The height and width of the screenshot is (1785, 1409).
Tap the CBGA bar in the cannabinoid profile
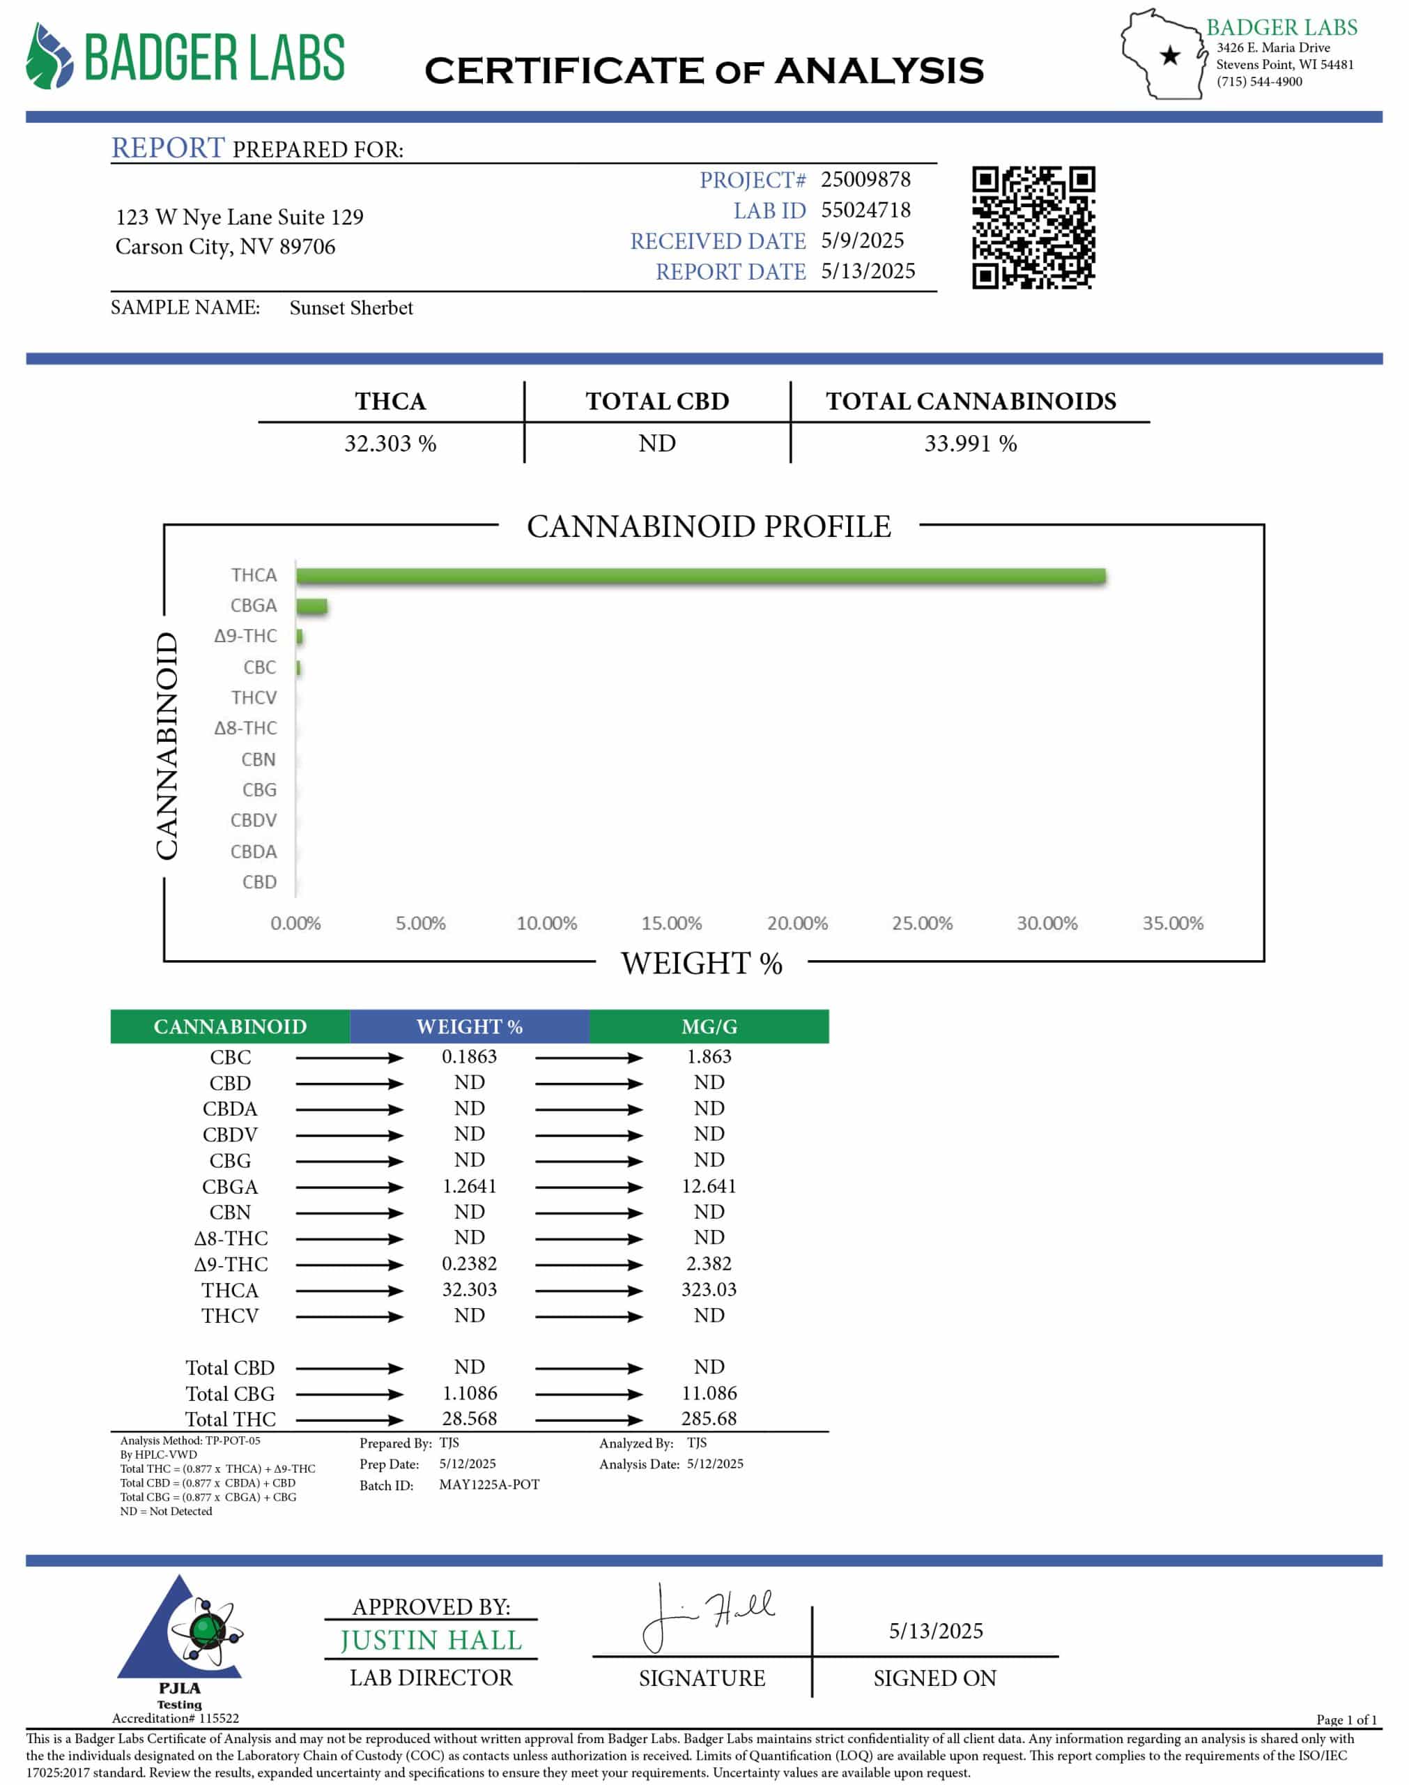311,607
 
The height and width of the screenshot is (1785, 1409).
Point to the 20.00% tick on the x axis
797,922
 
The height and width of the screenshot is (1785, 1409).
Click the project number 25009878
865,179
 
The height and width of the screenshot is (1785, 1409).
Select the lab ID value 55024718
865,210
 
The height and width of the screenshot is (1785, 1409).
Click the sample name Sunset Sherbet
351,307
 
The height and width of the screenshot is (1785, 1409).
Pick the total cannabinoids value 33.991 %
970,443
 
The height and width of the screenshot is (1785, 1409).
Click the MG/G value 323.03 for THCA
709,1289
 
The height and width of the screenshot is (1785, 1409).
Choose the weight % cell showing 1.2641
470,1186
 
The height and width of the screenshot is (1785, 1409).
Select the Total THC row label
230,1420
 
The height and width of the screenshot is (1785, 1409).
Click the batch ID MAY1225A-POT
489,1484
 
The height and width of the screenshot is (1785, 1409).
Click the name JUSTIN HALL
431,1641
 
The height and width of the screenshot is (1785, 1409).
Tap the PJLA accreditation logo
180,1638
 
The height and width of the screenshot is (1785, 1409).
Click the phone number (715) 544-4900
1259,82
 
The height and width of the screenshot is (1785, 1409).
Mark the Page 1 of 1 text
1346,1720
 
